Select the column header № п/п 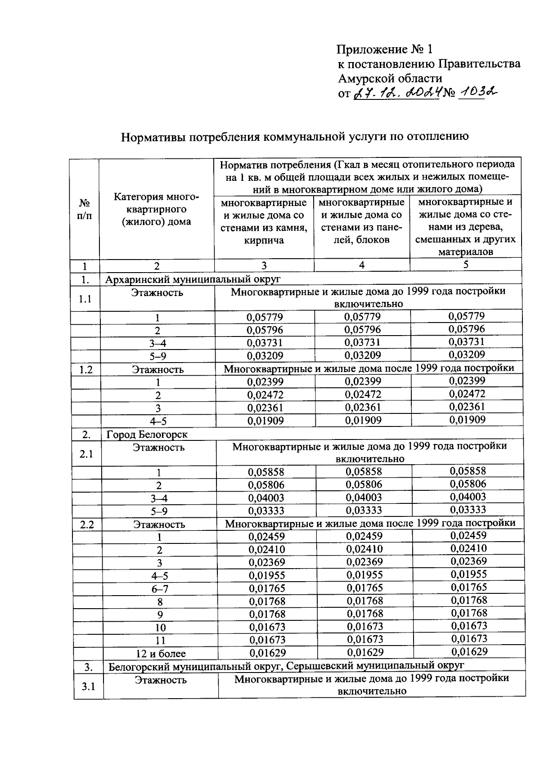pyautogui.click(x=84, y=209)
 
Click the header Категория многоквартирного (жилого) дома pyautogui.click(x=156, y=209)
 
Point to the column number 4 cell pyautogui.click(x=361, y=265)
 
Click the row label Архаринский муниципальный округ pyautogui.click(x=193, y=279)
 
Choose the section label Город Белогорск pyautogui.click(x=147, y=435)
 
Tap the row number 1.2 pyautogui.click(x=85, y=370)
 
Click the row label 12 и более pyautogui.click(x=161, y=654)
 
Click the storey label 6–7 pyautogui.click(x=160, y=589)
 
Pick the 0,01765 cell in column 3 pyautogui.click(x=266, y=588)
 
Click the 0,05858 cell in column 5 pyautogui.click(x=468, y=471)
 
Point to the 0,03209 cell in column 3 pyautogui.click(x=265, y=356)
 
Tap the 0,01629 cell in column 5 pyautogui.click(x=469, y=651)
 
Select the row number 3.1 pyautogui.click(x=88, y=686)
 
